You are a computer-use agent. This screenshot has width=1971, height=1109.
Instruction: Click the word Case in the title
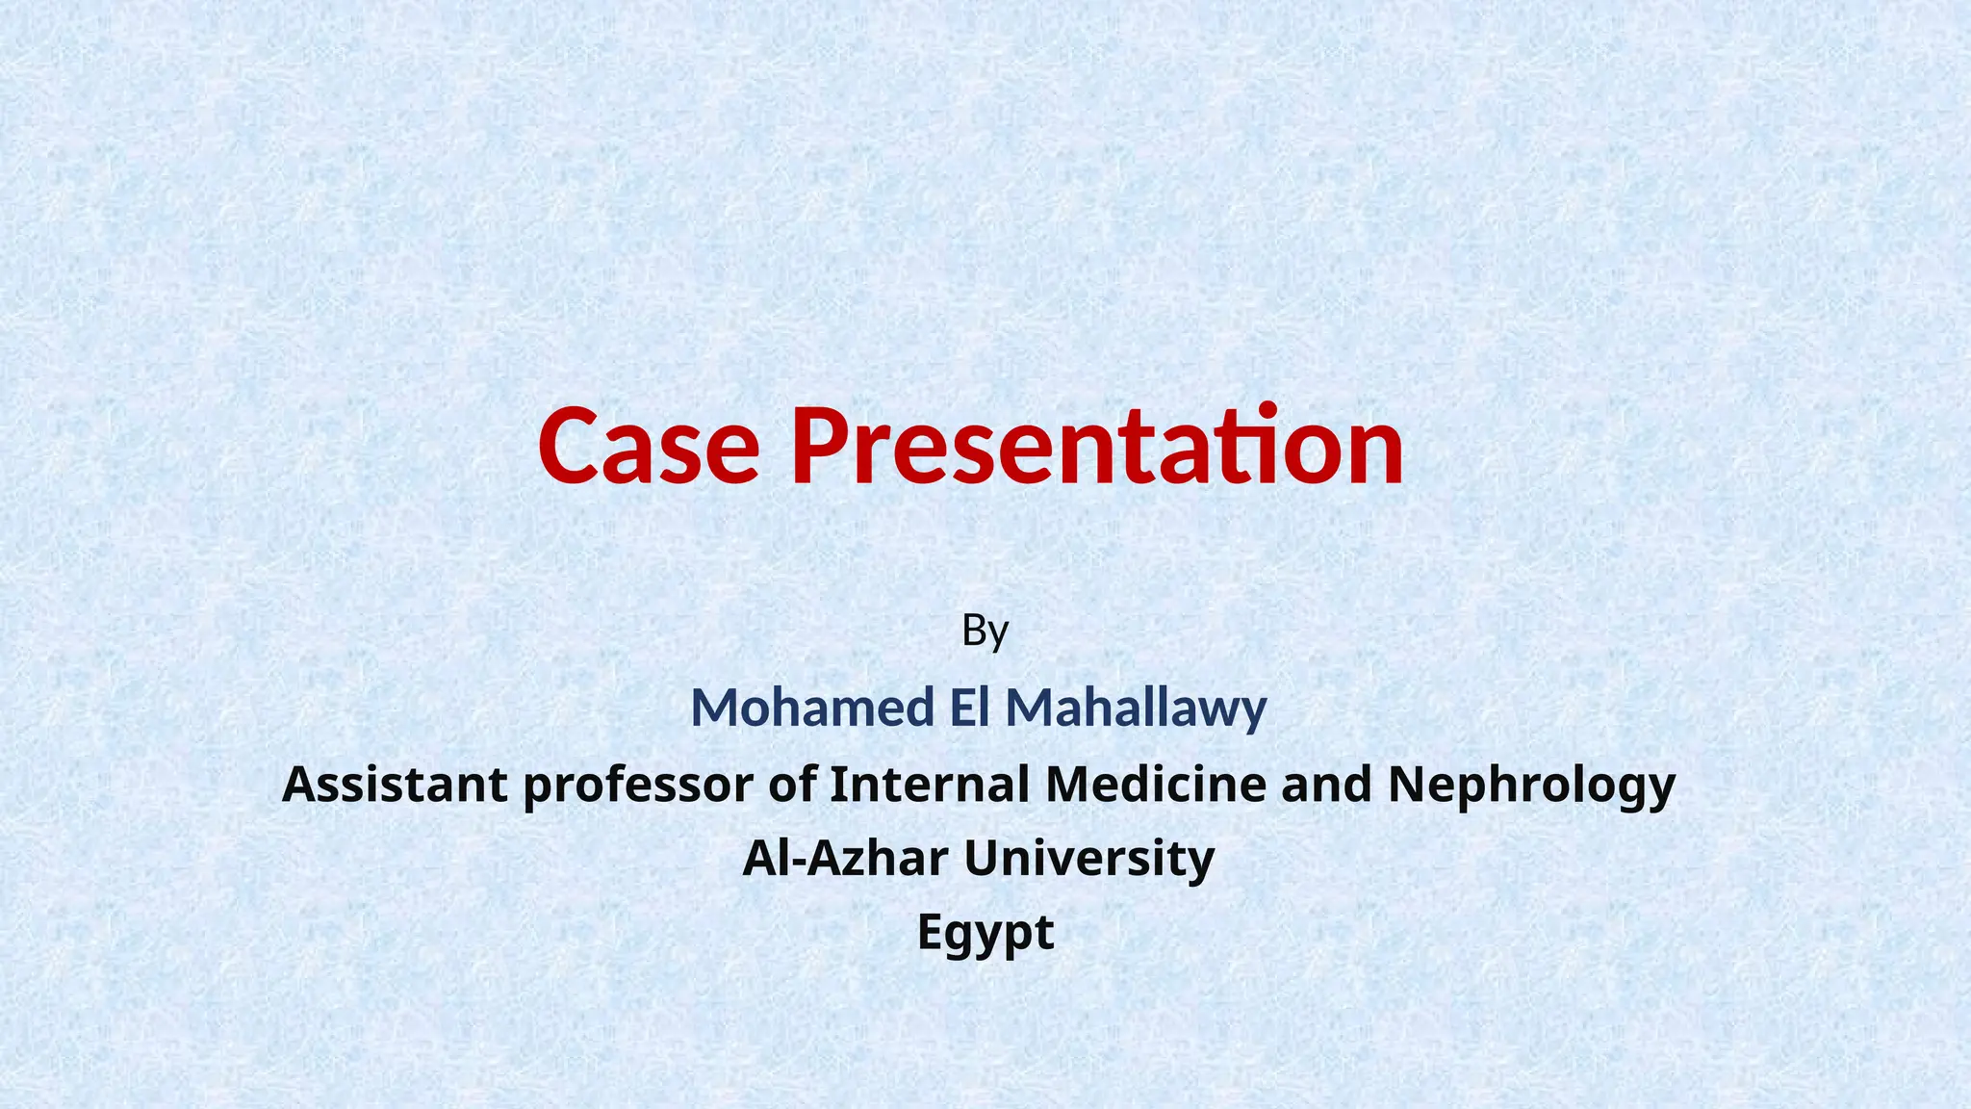649,448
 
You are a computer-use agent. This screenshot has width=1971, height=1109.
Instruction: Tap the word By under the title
985,632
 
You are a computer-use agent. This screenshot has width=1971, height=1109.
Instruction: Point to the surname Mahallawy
1136,709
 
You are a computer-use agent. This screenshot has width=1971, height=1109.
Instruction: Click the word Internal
930,784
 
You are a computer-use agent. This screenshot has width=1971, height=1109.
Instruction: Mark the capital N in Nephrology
1407,784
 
